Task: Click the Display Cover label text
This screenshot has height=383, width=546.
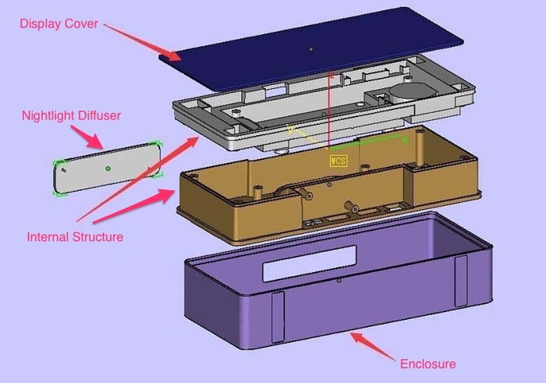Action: tap(59, 23)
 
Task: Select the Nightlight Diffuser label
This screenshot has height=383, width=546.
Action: tap(71, 115)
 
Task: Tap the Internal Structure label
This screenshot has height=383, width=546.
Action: tap(75, 236)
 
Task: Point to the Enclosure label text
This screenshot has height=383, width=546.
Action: tap(427, 363)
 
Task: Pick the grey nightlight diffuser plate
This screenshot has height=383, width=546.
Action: tap(108, 168)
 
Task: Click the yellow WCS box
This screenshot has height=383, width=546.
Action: tap(338, 161)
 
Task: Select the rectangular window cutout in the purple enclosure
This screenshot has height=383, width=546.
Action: tap(310, 264)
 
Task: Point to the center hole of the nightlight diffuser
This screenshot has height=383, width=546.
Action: tap(108, 168)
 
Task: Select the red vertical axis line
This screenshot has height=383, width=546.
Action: tap(331, 109)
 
